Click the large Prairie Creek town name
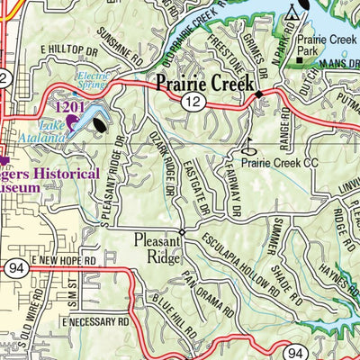click(206, 84)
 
